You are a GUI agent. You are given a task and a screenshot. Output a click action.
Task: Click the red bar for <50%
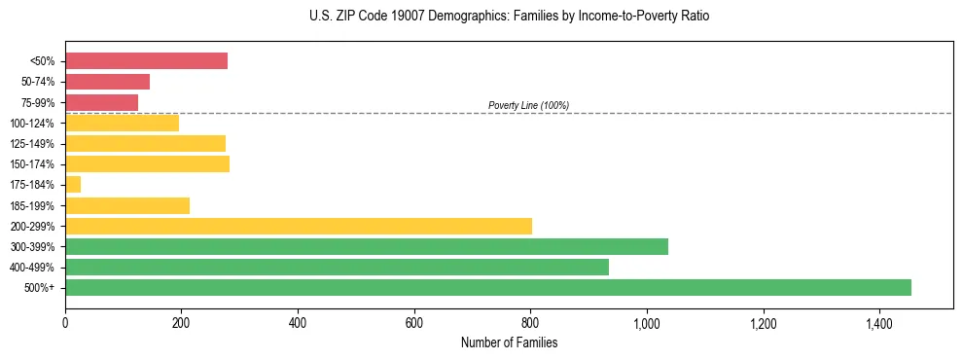click(146, 61)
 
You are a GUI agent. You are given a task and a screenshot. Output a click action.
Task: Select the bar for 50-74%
click(107, 82)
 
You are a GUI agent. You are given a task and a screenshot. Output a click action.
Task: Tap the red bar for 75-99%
click(101, 102)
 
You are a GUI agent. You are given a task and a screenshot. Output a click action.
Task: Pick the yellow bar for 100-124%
click(122, 123)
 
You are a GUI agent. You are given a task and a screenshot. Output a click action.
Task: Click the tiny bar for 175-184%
click(73, 185)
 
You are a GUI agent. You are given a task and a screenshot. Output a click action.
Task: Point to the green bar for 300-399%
click(367, 246)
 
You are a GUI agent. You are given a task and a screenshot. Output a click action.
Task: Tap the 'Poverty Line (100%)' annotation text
click(528, 105)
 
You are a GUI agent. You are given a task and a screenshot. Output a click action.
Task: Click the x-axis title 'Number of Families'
click(509, 342)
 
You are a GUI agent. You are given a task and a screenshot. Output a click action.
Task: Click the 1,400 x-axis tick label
click(878, 322)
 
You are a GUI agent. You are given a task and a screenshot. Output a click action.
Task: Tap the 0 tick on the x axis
click(65, 322)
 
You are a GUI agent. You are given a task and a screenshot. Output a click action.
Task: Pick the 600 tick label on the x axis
click(413, 322)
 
